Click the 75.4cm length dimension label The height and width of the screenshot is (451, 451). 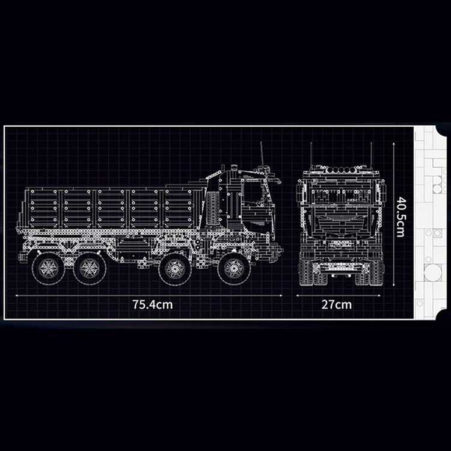[152, 304]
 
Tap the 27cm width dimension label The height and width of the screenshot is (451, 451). [336, 304]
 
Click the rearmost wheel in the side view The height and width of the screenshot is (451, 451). [48, 268]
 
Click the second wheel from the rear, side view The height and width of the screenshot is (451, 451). [90, 268]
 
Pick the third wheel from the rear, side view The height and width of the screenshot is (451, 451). [175, 268]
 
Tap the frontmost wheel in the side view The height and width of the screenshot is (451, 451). [234, 268]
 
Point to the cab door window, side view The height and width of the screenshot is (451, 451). [253, 195]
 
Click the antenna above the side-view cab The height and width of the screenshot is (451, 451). [262, 155]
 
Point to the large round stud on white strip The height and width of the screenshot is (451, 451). [432, 272]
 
